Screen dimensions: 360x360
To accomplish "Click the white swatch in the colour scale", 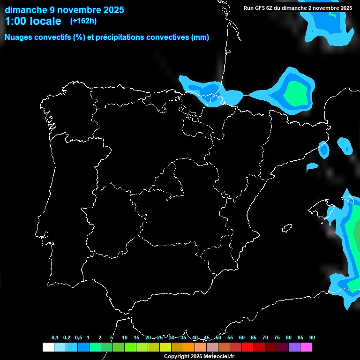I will pyautogui.click(x=48, y=347).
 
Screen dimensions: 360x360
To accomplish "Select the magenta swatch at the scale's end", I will pyautogui.click(x=306, y=347).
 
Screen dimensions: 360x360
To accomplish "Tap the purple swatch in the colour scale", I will pyautogui.click(x=294, y=347).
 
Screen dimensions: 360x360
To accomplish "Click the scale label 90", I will pyautogui.click(x=312, y=337).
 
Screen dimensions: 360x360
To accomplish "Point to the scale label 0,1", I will pyautogui.click(x=55, y=337).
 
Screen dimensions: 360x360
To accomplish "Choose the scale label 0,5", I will pyautogui.click(x=78, y=337).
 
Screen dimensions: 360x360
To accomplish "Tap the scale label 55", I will pyautogui.click(x=230, y=337).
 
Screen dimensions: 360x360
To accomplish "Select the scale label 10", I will pyautogui.click(x=125, y=337).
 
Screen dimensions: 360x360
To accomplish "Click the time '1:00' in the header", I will pyautogui.click(x=16, y=21).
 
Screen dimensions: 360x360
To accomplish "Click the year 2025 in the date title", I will pyautogui.click(x=112, y=10).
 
